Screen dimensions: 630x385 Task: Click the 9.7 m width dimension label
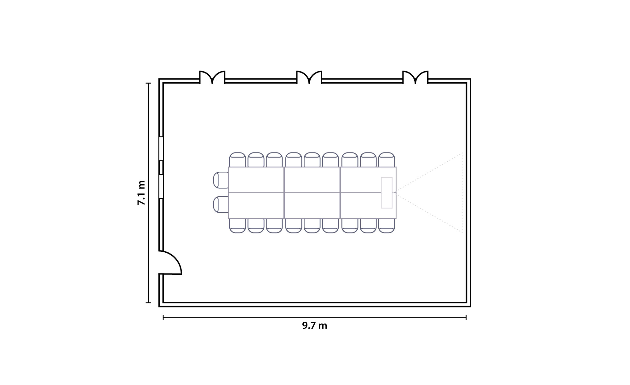tap(315, 325)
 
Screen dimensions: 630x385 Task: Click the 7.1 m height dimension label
tap(141, 193)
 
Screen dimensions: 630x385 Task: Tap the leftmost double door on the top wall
tap(212, 78)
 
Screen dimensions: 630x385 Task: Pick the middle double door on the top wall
tap(309, 78)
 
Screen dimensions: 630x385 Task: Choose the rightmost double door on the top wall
tap(415, 78)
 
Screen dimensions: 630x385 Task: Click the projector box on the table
tap(387, 192)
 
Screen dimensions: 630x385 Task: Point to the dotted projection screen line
tap(462, 192)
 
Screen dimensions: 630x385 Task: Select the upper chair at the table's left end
tap(221, 180)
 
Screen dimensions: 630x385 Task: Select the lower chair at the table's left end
tap(221, 204)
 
